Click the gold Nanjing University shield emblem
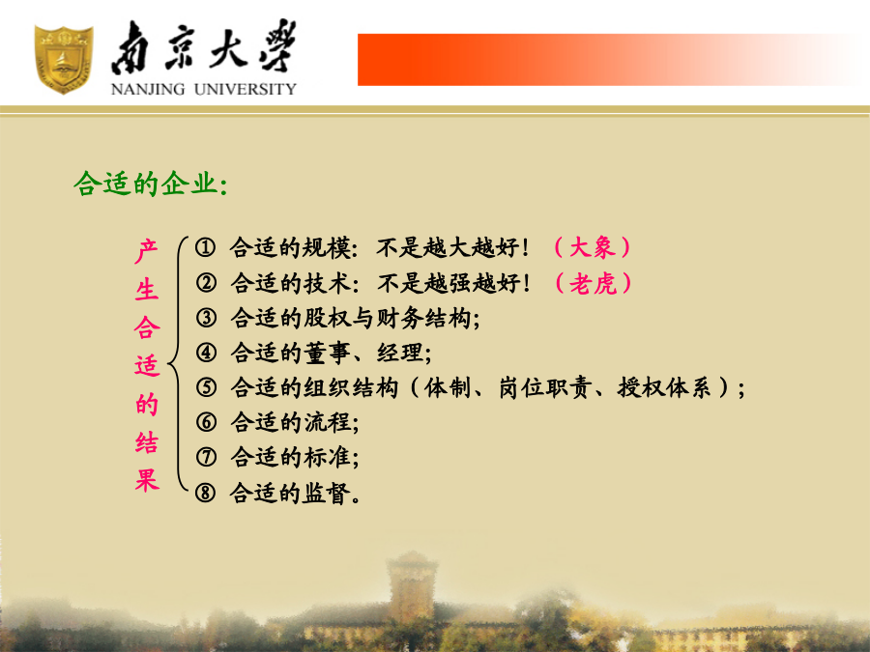[63, 59]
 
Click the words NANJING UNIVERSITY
[204, 89]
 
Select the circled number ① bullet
[205, 247]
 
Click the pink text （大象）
[593, 247]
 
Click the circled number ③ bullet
[206, 318]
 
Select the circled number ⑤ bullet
[206, 387]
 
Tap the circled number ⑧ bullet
[205, 493]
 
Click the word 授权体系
[664, 387]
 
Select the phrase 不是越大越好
[449, 247]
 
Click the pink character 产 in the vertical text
[147, 251]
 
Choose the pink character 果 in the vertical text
[147, 480]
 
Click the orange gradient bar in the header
[608, 60]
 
